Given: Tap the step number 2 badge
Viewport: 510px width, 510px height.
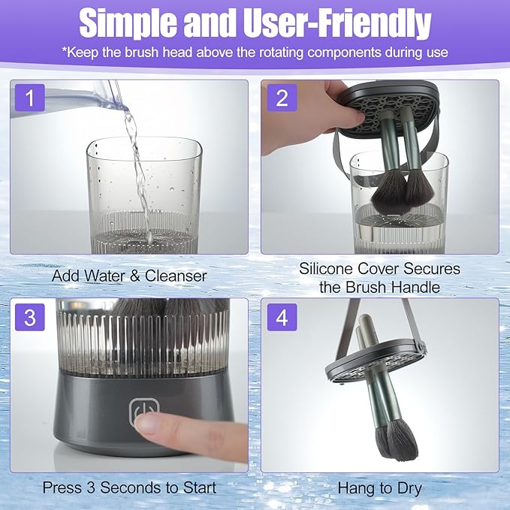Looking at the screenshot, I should point(282,97).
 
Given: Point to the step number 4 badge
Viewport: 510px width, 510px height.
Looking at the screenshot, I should point(282,316).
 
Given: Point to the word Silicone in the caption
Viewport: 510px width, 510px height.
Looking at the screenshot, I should point(326,268).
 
